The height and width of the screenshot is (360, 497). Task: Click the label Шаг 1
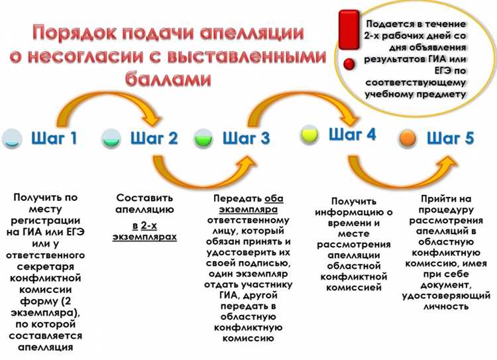tap(54, 138)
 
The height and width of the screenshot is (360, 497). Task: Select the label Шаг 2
tap(154, 138)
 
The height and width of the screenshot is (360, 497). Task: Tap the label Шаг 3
tap(246, 138)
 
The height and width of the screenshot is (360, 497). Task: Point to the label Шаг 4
tap(352, 134)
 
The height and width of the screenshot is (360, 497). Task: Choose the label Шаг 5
tap(451, 138)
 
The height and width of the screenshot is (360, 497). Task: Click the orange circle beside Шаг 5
tap(408, 139)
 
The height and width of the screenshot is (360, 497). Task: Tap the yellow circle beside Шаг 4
tap(310, 135)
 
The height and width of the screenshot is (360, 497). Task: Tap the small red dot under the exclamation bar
tap(349, 65)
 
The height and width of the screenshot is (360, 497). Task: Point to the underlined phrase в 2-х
tap(144, 225)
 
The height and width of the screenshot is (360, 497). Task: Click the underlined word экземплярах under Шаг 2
tap(144, 236)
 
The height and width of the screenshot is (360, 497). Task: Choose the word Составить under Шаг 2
tap(144, 198)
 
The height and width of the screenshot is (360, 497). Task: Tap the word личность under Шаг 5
tap(445, 306)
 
